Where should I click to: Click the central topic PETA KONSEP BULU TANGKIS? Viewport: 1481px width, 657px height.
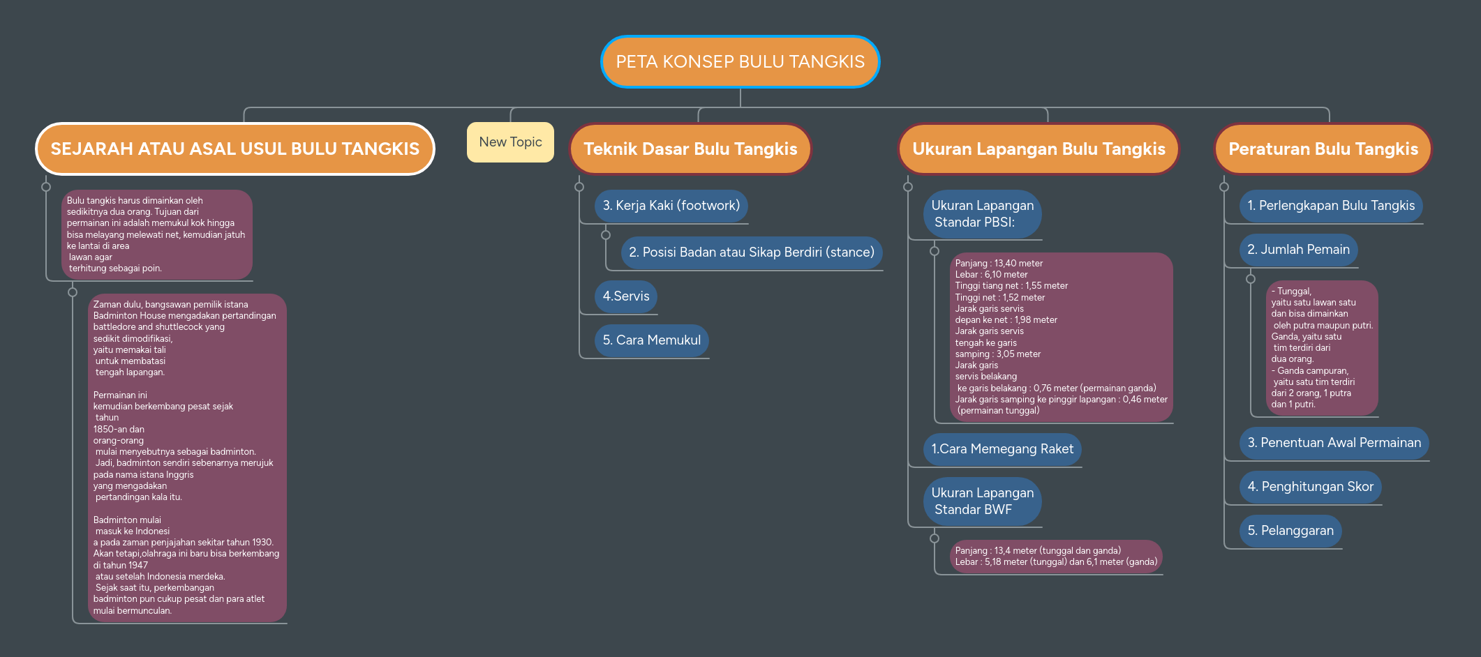740,62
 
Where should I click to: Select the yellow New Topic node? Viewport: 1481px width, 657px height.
510,142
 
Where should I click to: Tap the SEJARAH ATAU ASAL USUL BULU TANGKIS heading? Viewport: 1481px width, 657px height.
235,149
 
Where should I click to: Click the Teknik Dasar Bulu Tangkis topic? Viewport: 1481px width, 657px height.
690,149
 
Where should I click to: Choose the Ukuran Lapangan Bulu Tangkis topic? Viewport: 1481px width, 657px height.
1039,149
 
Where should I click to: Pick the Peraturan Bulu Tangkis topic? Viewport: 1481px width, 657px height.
1323,149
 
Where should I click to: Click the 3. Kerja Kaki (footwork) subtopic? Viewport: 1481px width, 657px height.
671,206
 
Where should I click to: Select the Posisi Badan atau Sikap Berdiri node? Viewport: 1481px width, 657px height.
751,252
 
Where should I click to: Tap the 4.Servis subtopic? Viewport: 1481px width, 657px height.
626,296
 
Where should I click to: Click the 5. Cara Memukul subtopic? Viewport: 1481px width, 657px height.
651,340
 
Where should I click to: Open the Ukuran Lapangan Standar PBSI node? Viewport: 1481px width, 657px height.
982,214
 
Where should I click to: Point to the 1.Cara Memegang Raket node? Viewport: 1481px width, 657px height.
1002,449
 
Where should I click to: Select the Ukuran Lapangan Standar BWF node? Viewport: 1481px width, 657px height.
982,501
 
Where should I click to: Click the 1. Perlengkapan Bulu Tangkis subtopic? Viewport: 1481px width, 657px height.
1331,206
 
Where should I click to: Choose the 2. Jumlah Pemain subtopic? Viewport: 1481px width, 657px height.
1298,250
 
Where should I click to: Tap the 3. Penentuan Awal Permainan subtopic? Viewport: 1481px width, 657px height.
1334,443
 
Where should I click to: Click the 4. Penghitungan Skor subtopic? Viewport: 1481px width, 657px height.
1310,487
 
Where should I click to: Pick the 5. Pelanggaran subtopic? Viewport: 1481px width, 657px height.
1290,531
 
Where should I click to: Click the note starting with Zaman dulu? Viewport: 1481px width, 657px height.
186,458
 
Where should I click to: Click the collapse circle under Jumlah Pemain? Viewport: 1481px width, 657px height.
1251,279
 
